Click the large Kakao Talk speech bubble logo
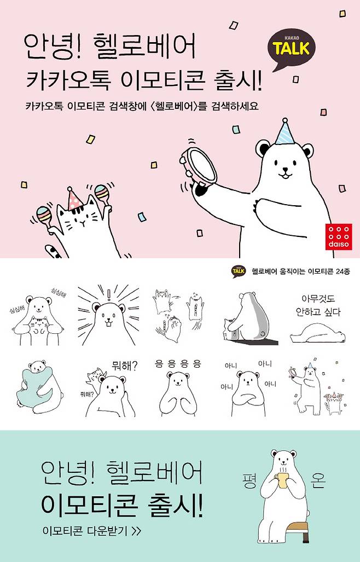(x=292, y=49)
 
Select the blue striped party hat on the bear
(x=286, y=131)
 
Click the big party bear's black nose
(x=285, y=168)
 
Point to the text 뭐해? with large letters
(x=124, y=366)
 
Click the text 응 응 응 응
(x=177, y=364)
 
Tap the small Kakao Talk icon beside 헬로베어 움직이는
(x=239, y=271)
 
